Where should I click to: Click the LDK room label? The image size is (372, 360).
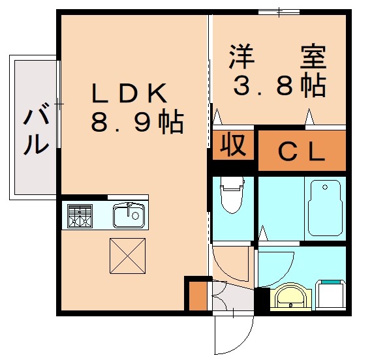(130, 94)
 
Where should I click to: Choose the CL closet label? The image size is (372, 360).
(302, 152)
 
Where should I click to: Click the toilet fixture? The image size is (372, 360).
(231, 194)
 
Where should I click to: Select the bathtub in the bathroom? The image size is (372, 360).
(324, 207)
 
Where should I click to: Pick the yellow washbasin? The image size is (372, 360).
(288, 297)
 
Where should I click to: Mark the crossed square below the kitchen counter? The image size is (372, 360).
(127, 256)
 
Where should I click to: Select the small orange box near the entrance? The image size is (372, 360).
(196, 295)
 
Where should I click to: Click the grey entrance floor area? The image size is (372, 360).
(234, 298)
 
